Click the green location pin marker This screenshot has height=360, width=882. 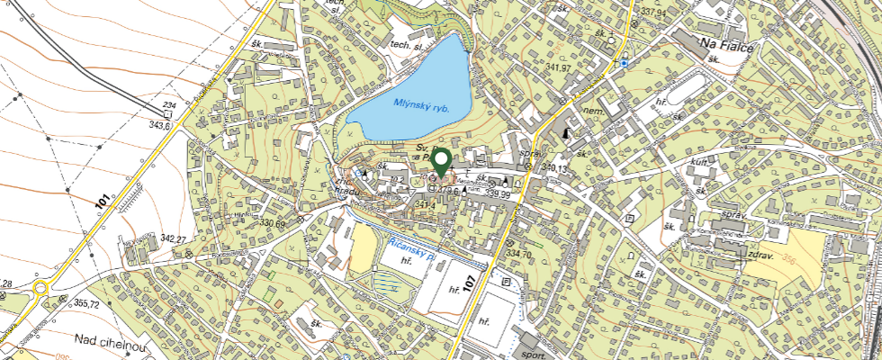pyautogui.click(x=441, y=163)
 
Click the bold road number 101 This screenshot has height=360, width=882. pyautogui.click(x=103, y=202)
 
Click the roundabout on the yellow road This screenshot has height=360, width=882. pyautogui.click(x=41, y=290)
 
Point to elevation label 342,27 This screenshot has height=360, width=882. pyautogui.click(x=172, y=238)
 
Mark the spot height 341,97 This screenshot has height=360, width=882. pyautogui.click(x=559, y=67)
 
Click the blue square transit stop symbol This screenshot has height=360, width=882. pyautogui.click(x=624, y=63)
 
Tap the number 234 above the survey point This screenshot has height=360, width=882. pyautogui.click(x=167, y=106)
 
